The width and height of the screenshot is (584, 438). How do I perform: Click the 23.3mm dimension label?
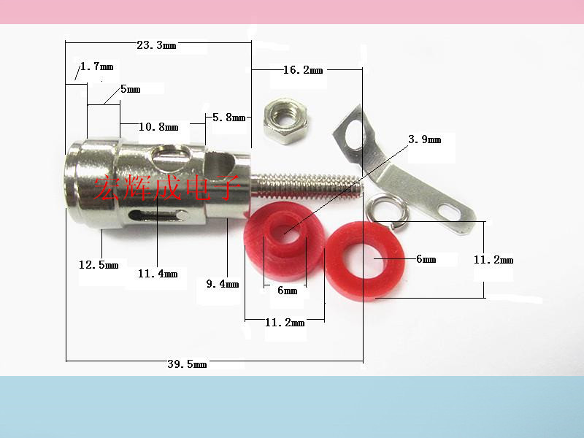(156, 45)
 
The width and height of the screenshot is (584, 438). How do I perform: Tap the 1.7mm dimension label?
(97, 66)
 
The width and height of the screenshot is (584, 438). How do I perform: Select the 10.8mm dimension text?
(158, 127)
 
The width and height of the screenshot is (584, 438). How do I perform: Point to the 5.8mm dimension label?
(229, 118)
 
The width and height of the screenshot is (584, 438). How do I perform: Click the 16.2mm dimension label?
(303, 70)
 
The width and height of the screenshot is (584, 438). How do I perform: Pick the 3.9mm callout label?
(425, 139)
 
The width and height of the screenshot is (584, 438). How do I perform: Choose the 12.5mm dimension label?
(99, 265)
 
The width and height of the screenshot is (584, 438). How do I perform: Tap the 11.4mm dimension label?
(158, 274)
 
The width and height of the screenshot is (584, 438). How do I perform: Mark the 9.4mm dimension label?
(223, 284)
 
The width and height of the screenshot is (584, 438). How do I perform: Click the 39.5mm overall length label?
(187, 364)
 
